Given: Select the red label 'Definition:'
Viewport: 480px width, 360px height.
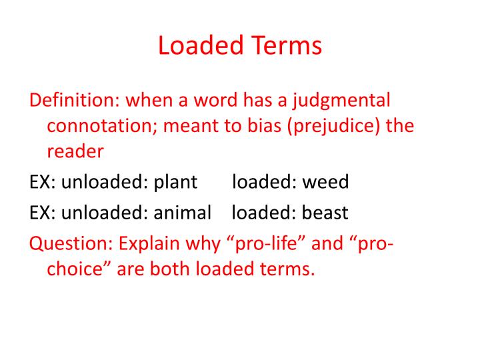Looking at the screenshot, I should pyautogui.click(x=71, y=101).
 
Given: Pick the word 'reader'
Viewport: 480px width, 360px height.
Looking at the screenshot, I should pyautogui.click(x=75, y=151).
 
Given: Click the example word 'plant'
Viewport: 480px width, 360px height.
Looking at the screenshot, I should pyautogui.click(x=176, y=182).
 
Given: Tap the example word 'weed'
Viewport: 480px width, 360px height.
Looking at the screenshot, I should pyautogui.click(x=326, y=182).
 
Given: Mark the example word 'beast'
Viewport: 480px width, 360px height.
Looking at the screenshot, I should pyautogui.click(x=325, y=213).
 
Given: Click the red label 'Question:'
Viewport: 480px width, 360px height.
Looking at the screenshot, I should pyautogui.click(x=71, y=243).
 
